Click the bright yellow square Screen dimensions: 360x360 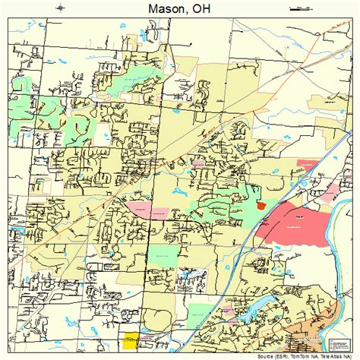pos(131,340)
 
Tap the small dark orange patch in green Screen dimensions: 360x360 pos(261,204)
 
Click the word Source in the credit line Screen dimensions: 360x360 pos(270,355)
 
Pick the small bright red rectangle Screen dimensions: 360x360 pos(307,163)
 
